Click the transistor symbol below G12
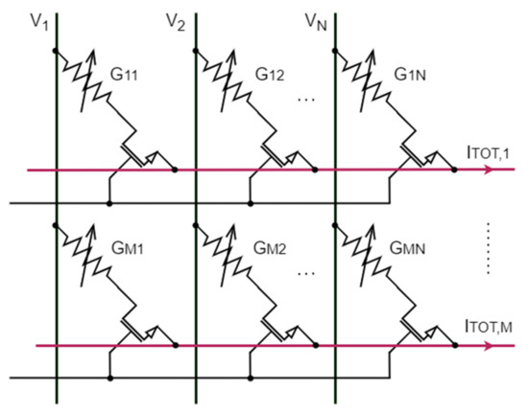[x=283, y=158]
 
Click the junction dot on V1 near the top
[x=56, y=49]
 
